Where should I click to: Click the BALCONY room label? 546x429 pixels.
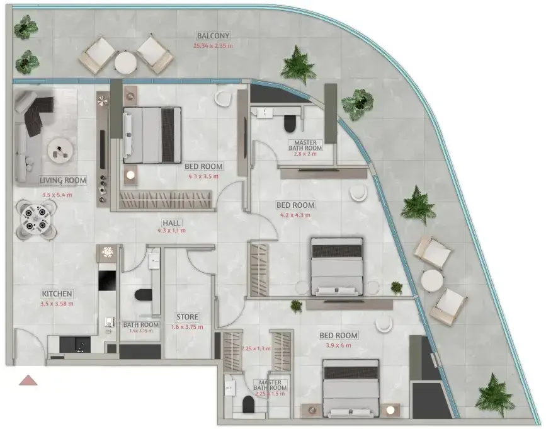click(213, 35)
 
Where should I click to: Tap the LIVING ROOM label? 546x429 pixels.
click(63, 180)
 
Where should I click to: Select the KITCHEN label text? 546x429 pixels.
click(57, 294)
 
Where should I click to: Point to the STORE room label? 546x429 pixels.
click(187, 317)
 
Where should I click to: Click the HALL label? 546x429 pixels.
click(172, 223)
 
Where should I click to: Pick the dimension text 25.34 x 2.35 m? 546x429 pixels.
click(213, 45)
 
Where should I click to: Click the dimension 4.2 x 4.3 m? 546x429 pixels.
click(295, 215)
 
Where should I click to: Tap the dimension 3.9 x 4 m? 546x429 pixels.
click(338, 345)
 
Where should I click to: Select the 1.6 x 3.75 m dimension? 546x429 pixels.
click(187, 327)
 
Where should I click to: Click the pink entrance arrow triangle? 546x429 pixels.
click(28, 380)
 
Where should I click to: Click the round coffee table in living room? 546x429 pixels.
click(60, 151)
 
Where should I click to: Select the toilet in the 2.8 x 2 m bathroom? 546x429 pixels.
click(289, 123)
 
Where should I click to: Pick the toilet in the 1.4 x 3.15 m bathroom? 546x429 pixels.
click(143, 295)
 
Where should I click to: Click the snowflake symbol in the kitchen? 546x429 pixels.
click(107, 252)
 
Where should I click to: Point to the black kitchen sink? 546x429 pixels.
click(75, 344)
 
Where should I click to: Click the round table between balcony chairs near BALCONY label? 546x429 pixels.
click(125, 63)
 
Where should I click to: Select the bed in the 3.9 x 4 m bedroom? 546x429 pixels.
click(351, 388)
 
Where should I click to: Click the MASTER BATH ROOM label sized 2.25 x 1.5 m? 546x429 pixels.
click(270, 385)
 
